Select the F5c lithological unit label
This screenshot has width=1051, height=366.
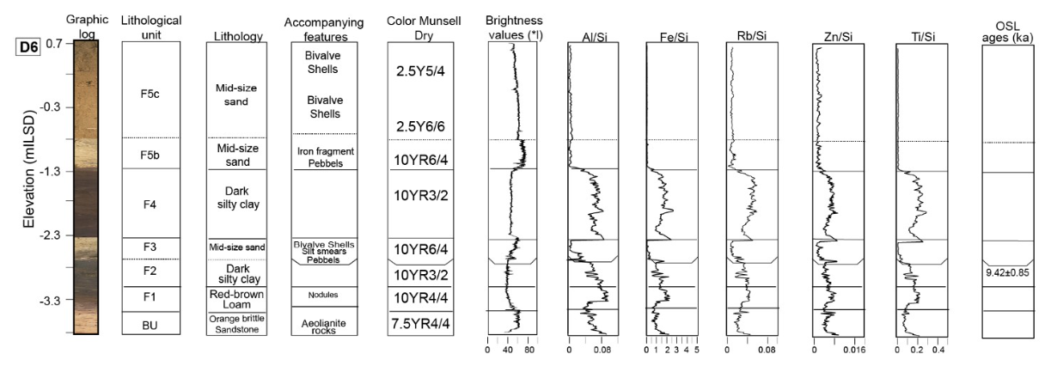click(148, 95)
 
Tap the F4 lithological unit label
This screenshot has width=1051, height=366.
click(148, 204)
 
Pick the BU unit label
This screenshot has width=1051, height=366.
click(148, 324)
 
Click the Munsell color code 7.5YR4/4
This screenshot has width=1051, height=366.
click(420, 323)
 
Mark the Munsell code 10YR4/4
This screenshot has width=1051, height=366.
click(420, 297)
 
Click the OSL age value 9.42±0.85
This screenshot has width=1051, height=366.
click(1008, 272)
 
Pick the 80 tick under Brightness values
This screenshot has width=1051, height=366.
click(529, 351)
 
